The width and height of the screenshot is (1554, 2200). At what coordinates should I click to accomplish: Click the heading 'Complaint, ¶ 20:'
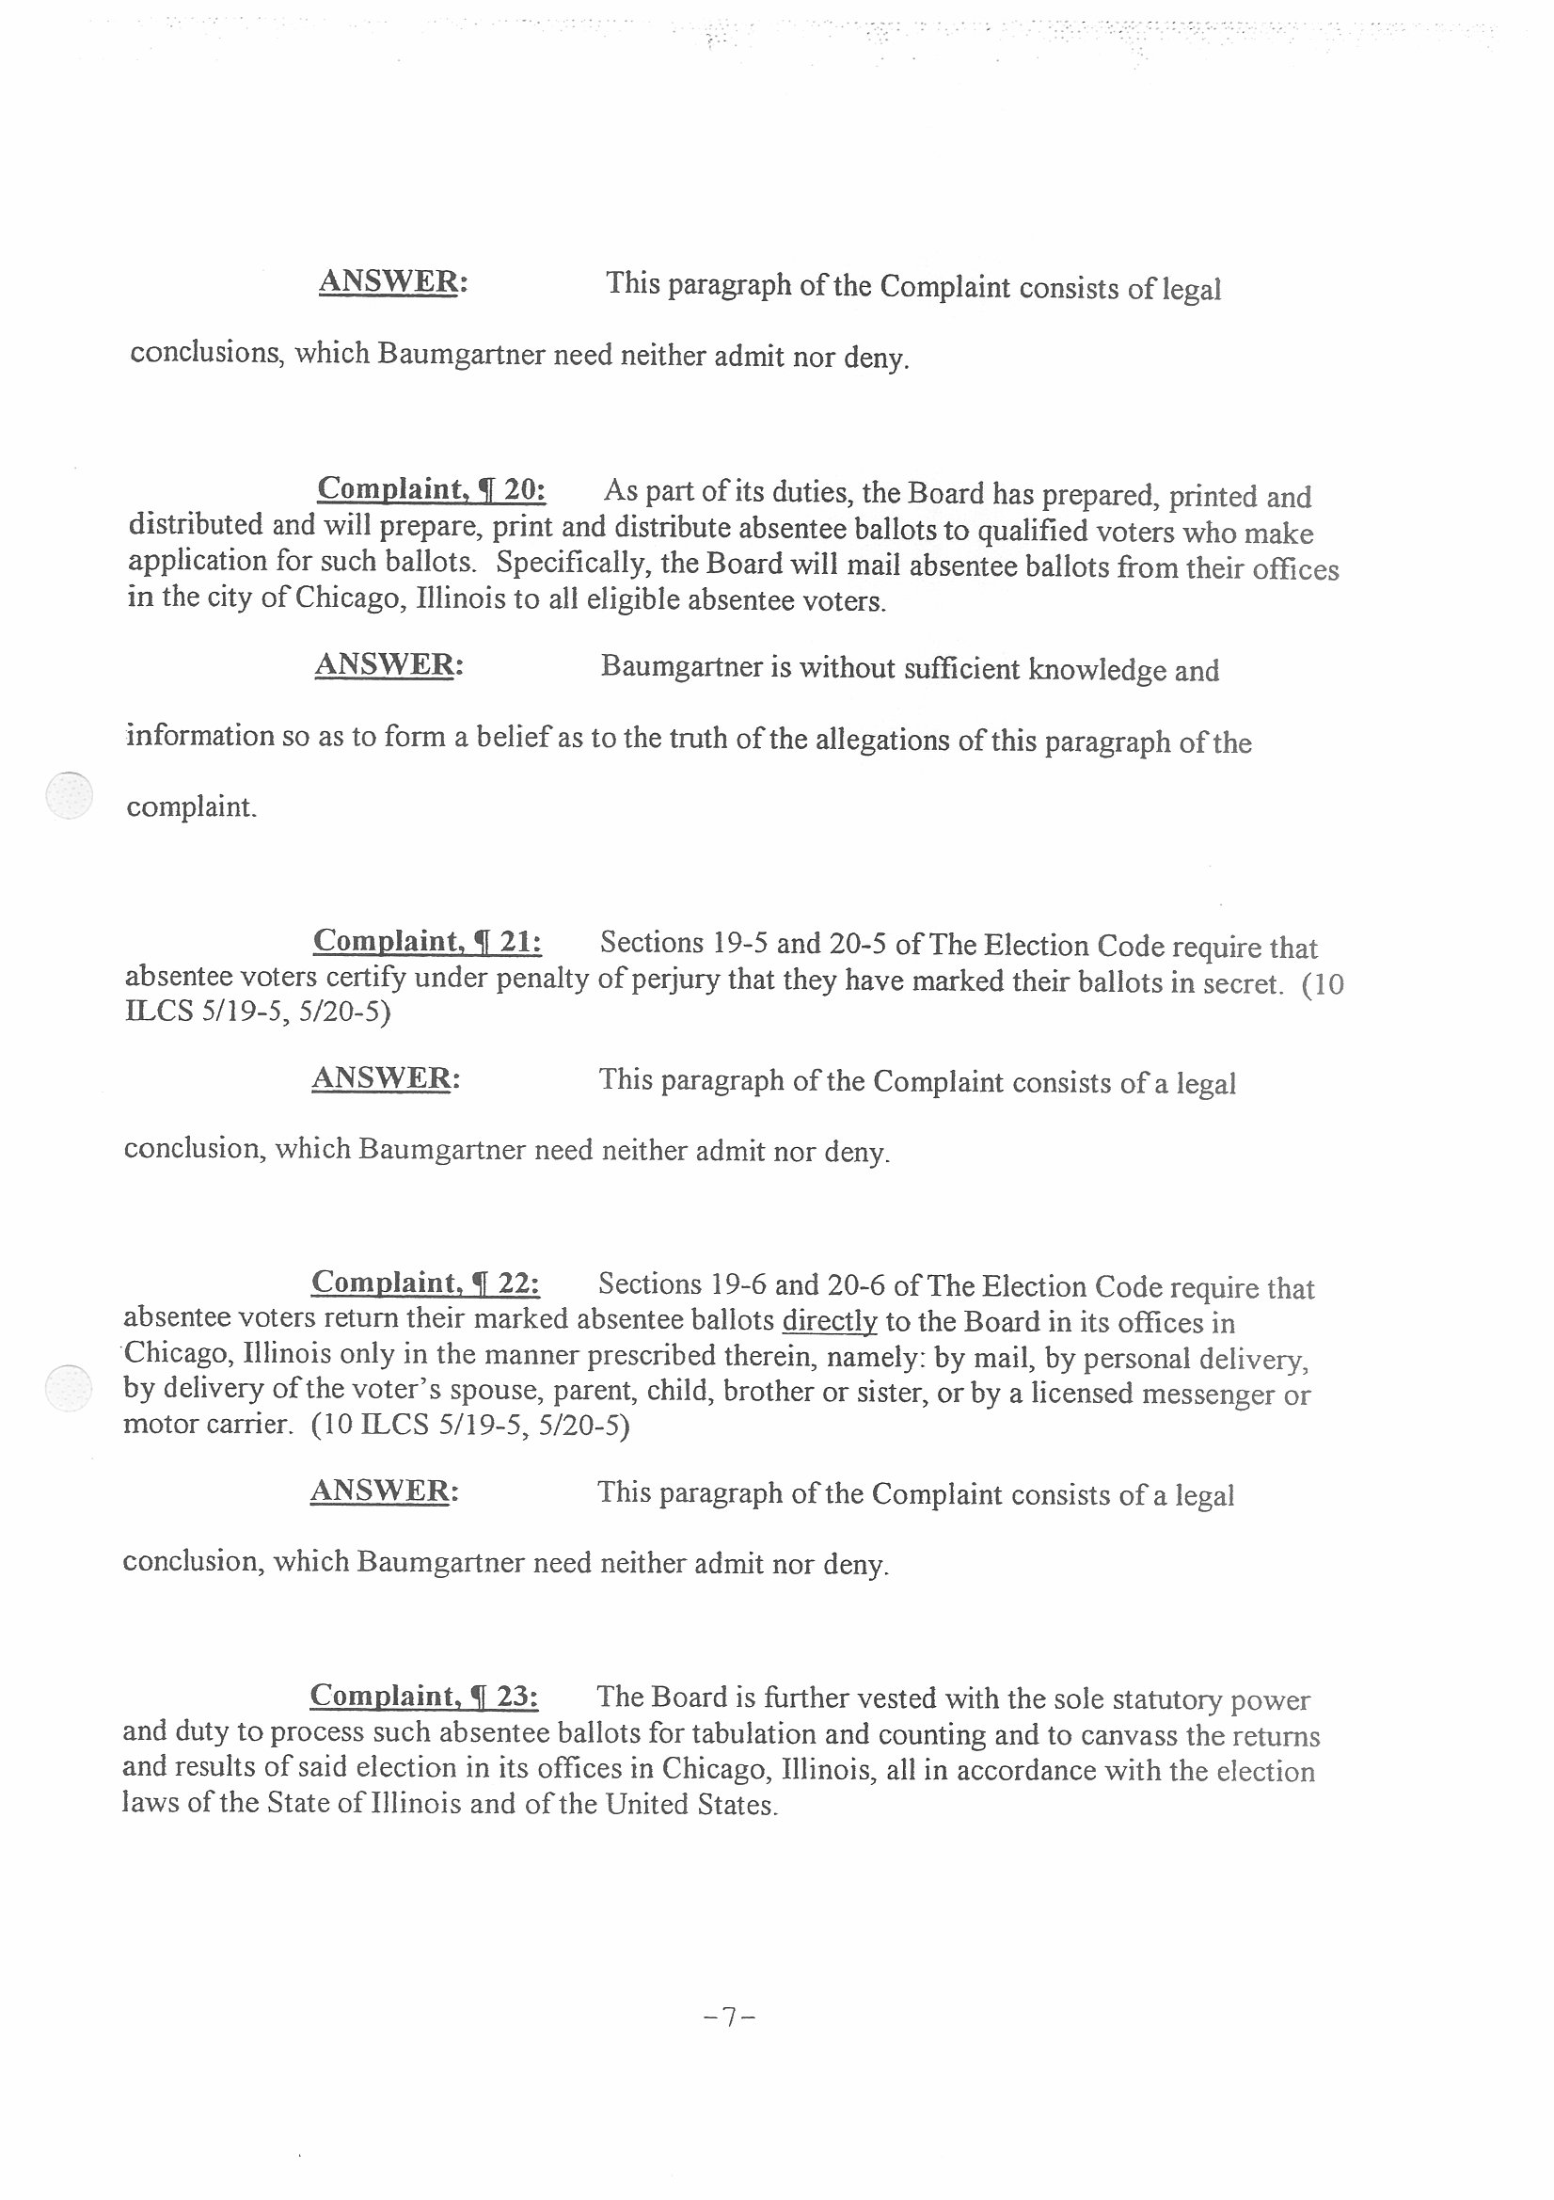[x=431, y=489]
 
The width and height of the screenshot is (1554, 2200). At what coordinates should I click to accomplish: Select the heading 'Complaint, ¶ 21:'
[x=427, y=941]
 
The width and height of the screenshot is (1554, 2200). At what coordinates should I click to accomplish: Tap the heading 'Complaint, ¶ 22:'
[x=425, y=1282]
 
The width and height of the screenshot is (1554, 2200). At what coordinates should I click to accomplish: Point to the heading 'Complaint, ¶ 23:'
[x=423, y=1696]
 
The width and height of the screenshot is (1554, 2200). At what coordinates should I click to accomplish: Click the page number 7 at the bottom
[x=729, y=2018]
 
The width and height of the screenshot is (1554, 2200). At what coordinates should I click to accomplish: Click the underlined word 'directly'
[x=830, y=1321]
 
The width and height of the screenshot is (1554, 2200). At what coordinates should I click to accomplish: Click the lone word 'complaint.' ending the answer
[x=192, y=806]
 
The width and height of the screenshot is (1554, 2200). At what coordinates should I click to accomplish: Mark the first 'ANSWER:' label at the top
[x=393, y=281]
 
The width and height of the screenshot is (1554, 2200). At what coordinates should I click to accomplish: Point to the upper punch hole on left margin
[x=70, y=795]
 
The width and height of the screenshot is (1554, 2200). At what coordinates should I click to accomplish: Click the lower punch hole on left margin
[x=69, y=1387]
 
